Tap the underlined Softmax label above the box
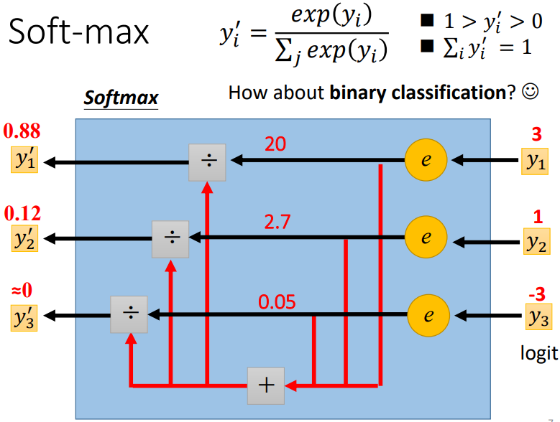[x=121, y=97]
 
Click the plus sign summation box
[x=266, y=385]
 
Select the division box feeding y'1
[x=207, y=162]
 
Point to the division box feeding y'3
[x=129, y=314]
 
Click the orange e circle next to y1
[x=426, y=161]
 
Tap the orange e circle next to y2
[x=426, y=238]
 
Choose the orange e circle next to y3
[x=428, y=314]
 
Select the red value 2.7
[x=277, y=221]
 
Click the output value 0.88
[x=22, y=132]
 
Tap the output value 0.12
[x=22, y=214]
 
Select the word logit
[x=538, y=353]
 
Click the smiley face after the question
[x=531, y=93]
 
